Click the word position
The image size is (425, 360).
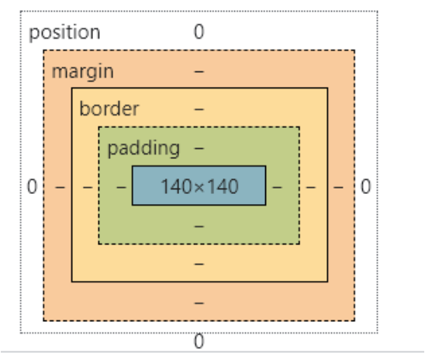(x=64, y=33)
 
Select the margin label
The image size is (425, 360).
(x=82, y=71)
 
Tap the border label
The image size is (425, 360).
(x=108, y=109)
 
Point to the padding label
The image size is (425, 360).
(x=143, y=147)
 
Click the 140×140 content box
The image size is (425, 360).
(x=199, y=186)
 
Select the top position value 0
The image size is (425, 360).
(x=199, y=32)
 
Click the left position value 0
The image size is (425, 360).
(x=31, y=187)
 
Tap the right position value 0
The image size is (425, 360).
(x=365, y=187)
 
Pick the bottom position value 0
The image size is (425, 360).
(x=199, y=341)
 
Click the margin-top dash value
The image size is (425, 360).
(x=199, y=71)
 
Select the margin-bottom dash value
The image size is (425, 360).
(x=199, y=302)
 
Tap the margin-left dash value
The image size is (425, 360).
(x=59, y=187)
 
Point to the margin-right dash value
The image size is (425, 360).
(x=339, y=187)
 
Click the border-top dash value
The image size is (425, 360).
(x=199, y=109)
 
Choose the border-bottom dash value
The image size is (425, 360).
(x=199, y=264)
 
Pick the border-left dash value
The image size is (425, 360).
(x=86, y=187)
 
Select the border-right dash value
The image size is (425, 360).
(x=311, y=187)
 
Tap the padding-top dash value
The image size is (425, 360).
(x=199, y=147)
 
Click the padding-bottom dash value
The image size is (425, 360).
(x=199, y=226)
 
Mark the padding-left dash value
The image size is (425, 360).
(x=119, y=187)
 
